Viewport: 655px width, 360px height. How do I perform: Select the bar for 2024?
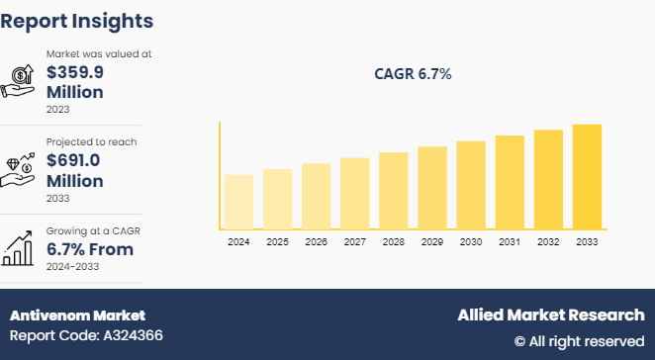pyautogui.click(x=238, y=202)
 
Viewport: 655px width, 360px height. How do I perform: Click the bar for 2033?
pyautogui.click(x=587, y=176)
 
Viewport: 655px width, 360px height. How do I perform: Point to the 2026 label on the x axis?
pyautogui.click(x=316, y=241)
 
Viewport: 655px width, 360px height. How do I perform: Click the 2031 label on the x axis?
pyautogui.click(x=510, y=241)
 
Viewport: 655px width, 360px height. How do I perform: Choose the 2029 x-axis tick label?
pyautogui.click(x=432, y=241)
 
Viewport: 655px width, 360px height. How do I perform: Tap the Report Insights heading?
pyautogui.click(x=76, y=20)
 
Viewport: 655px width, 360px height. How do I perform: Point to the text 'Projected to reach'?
pyautogui.click(x=91, y=141)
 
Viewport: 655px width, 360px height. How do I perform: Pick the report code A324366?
pyautogui.click(x=86, y=336)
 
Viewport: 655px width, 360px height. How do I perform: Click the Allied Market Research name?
pyautogui.click(x=550, y=315)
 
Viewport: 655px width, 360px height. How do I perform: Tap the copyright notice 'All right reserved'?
pyautogui.click(x=579, y=341)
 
